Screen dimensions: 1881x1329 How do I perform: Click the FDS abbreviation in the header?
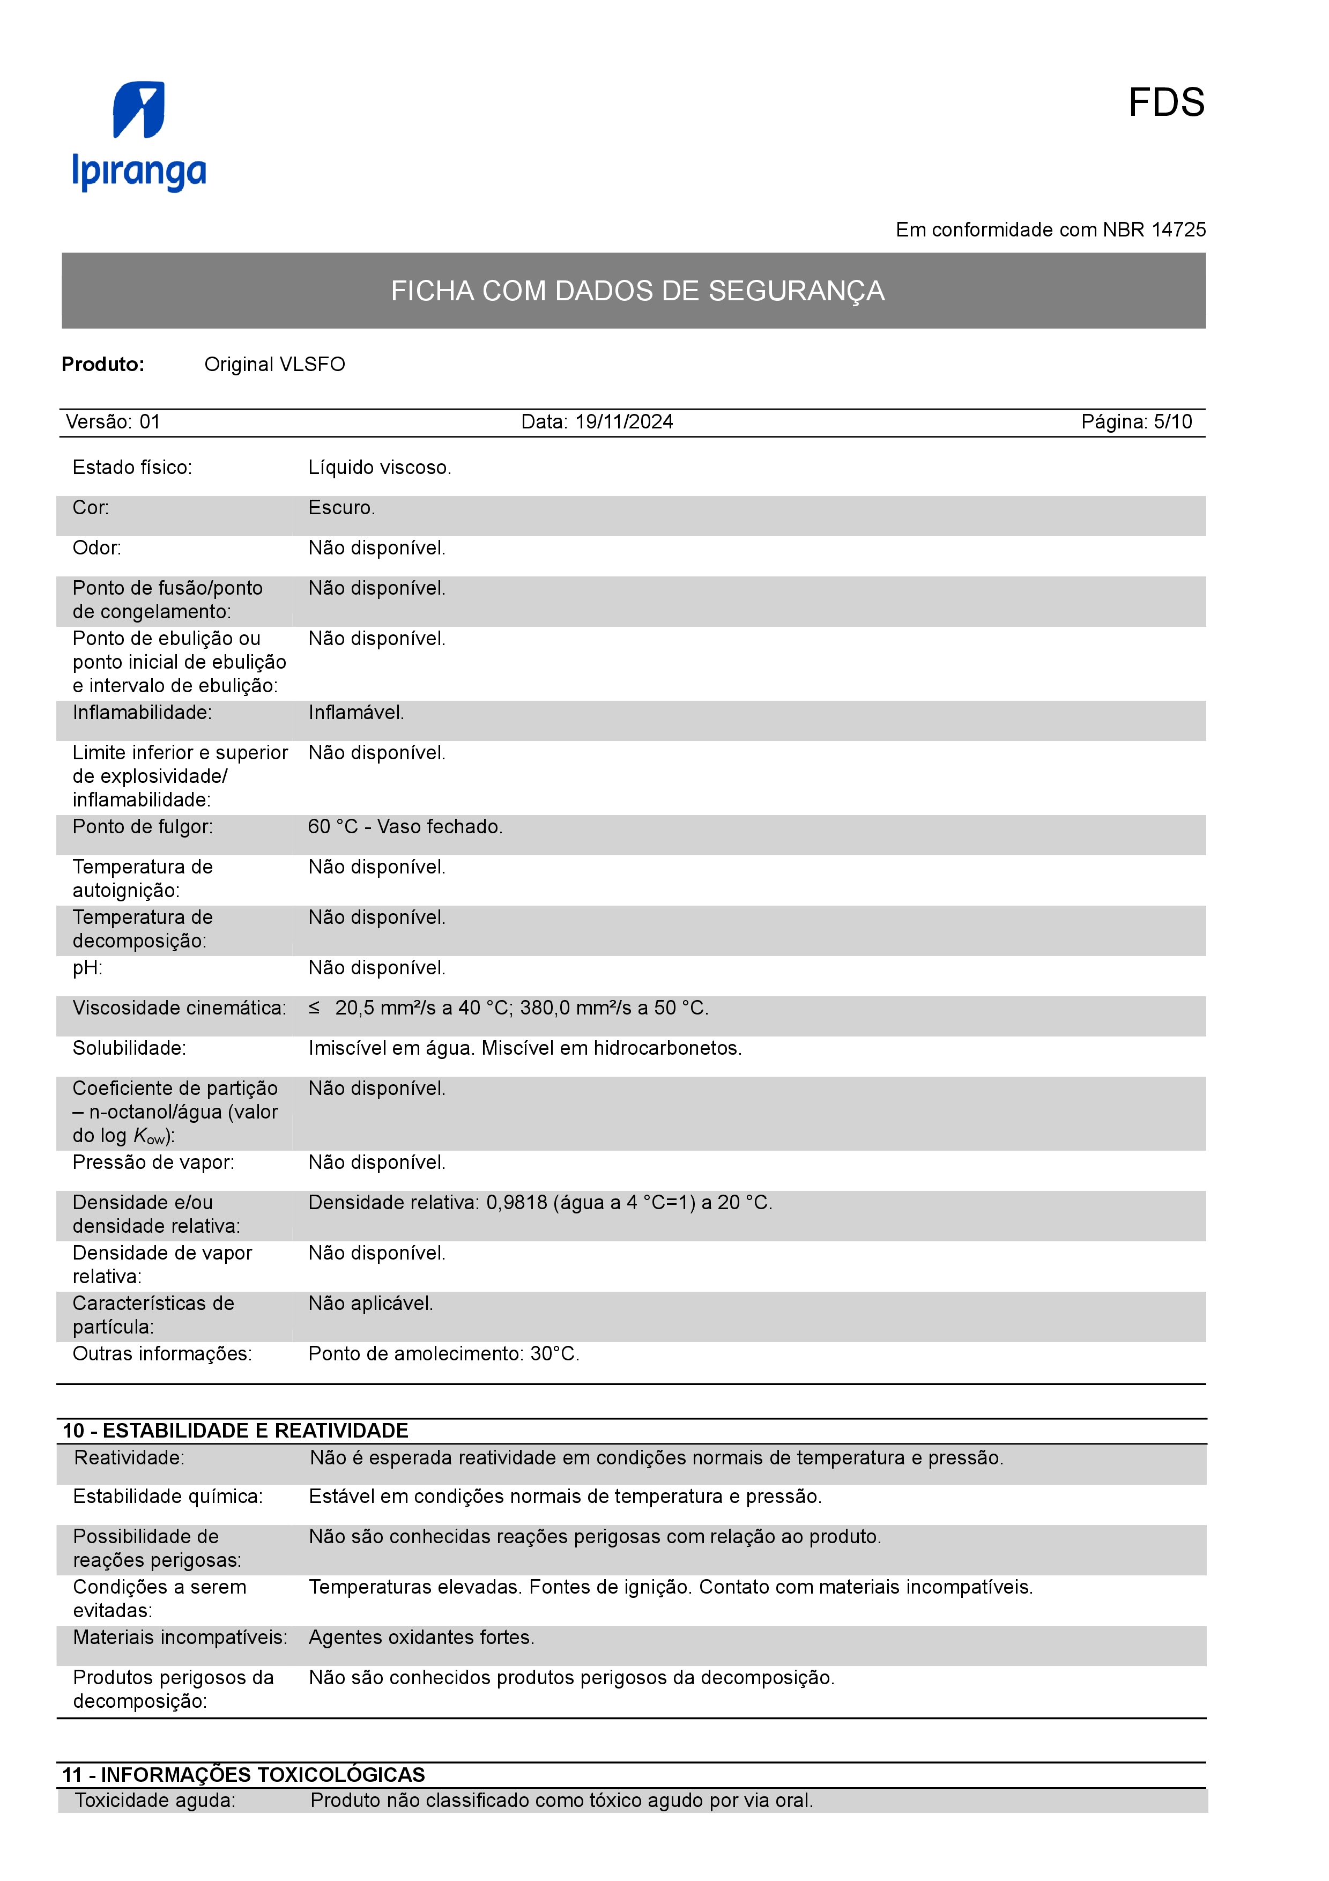(1165, 103)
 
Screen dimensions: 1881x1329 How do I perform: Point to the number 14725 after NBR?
(1178, 230)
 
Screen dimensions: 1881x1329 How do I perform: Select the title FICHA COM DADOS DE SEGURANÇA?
(637, 291)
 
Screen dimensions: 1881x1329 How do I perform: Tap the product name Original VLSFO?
(274, 365)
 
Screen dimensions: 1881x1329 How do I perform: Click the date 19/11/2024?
(624, 422)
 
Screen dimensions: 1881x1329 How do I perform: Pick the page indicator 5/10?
(1172, 422)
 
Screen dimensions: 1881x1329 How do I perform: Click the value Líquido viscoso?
(379, 468)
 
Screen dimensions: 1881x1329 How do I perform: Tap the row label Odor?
(96, 548)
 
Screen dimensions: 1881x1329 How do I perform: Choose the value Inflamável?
(356, 713)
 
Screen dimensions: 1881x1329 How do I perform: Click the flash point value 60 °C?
(332, 827)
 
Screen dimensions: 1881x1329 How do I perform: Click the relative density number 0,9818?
(517, 1203)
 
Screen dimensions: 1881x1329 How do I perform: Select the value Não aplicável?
(370, 1304)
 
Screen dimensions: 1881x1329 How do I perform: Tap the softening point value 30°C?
(554, 1354)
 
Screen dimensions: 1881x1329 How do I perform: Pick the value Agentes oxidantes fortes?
(421, 1638)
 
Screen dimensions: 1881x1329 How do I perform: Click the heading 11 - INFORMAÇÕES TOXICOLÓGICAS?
(244, 1774)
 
